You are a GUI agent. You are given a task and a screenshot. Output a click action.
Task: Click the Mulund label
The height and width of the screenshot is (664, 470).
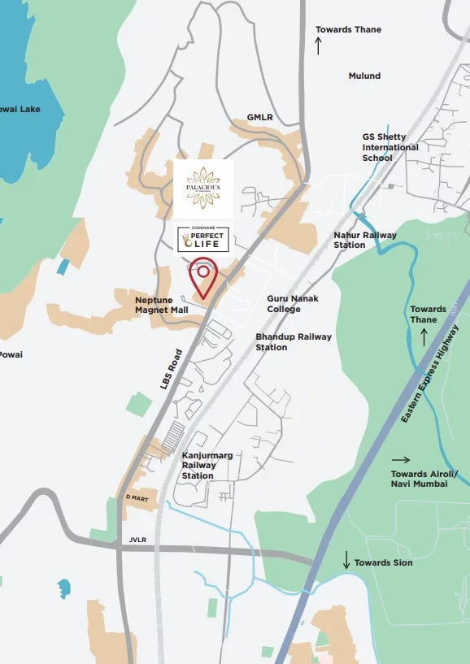coord(364,76)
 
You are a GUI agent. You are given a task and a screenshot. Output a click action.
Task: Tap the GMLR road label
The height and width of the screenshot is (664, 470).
coord(260,117)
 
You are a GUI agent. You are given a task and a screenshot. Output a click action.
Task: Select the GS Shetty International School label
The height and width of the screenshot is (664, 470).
coord(390,147)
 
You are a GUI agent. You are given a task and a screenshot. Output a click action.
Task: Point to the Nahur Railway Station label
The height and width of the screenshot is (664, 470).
coord(365,240)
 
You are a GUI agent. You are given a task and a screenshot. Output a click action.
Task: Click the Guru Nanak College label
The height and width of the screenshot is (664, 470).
coord(293,304)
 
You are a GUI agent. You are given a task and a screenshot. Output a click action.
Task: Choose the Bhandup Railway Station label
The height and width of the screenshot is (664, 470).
coord(294,341)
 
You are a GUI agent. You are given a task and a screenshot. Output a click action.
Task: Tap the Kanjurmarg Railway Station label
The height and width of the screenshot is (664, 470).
coord(207,466)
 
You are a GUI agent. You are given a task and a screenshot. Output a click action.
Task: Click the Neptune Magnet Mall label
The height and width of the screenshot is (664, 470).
coord(162,305)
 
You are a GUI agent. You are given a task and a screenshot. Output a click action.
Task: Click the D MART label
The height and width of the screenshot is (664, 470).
coord(136,497)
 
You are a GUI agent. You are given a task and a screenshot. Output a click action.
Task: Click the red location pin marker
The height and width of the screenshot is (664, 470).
coord(202,276)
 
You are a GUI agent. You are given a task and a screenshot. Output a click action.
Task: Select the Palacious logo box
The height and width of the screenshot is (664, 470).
coord(203,188)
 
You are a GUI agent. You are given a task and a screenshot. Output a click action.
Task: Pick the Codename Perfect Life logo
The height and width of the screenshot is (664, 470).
coord(203,237)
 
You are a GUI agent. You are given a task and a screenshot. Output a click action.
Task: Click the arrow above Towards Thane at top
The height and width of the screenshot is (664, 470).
coord(318,46)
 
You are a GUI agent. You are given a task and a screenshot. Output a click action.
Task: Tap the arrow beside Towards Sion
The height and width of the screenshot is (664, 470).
coord(346,561)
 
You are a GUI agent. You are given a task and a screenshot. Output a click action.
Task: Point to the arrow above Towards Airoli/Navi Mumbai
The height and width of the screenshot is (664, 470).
coord(401,459)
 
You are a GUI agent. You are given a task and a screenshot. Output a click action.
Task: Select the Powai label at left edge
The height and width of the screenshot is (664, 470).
coord(11,354)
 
